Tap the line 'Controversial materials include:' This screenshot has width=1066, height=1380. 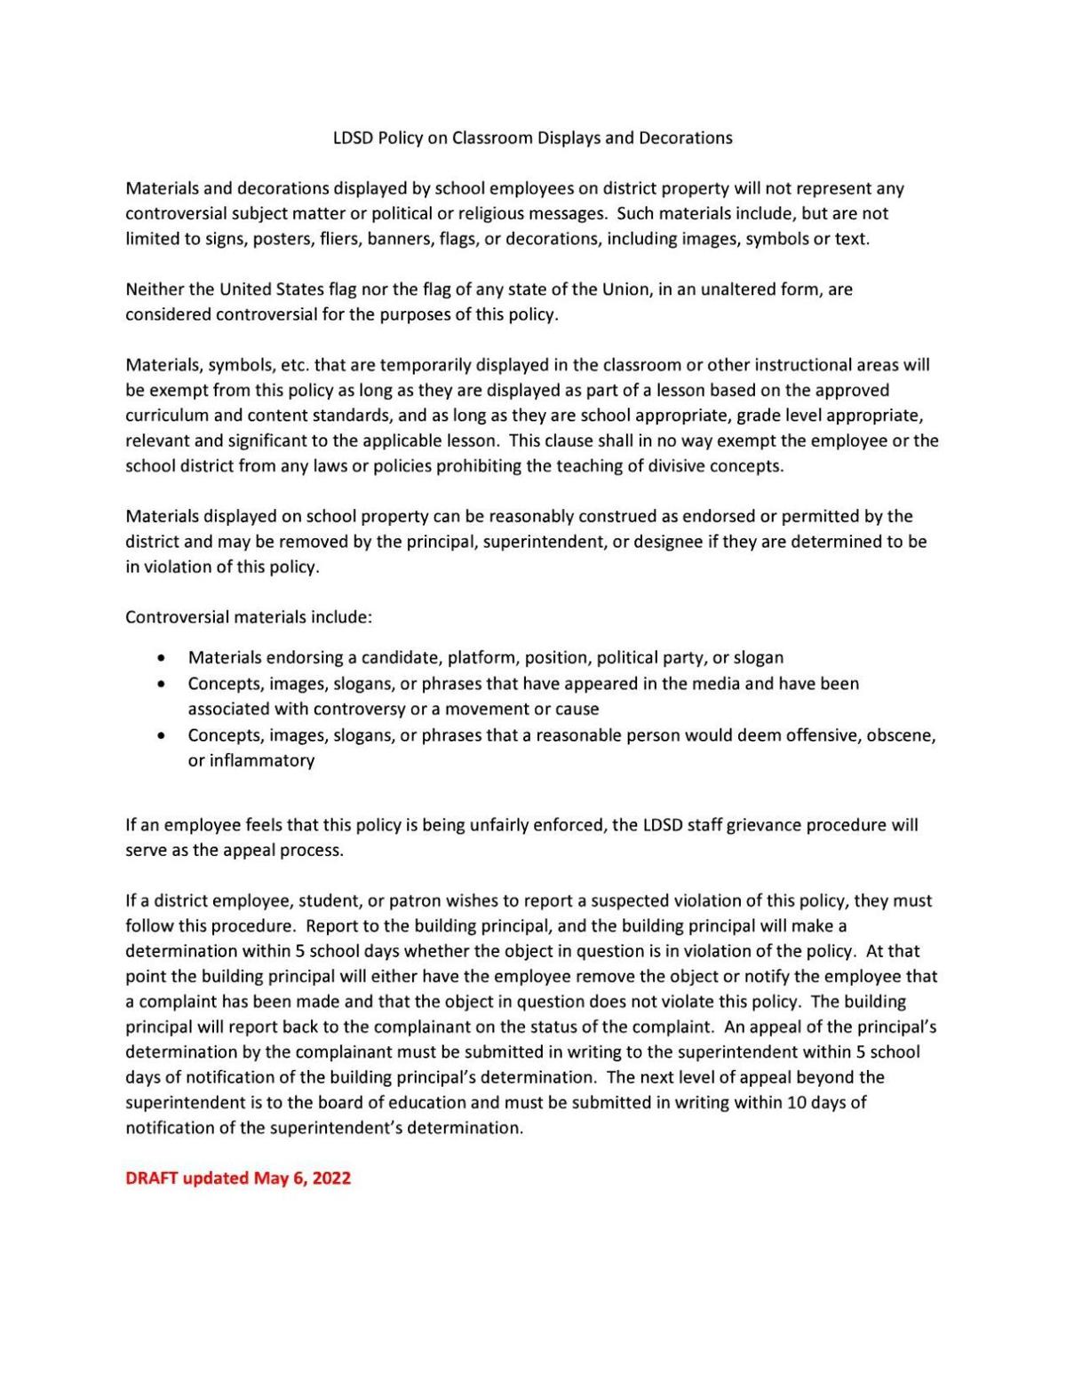[x=249, y=617]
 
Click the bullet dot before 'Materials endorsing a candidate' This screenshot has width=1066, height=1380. [x=160, y=659]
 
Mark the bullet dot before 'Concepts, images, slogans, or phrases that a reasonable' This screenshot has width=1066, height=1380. [x=160, y=736]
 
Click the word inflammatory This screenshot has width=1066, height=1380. [x=262, y=761]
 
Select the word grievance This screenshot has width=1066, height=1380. [x=763, y=825]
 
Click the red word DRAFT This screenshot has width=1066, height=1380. [x=152, y=1178]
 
